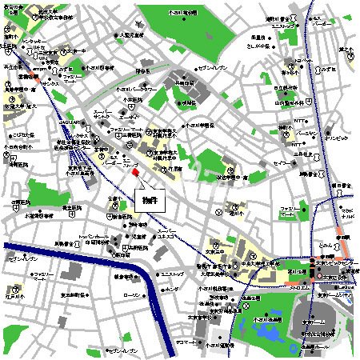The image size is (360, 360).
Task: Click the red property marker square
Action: pos(135,173)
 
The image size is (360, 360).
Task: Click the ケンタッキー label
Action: pos(32,40)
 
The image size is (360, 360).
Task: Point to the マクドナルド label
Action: pos(350,213)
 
